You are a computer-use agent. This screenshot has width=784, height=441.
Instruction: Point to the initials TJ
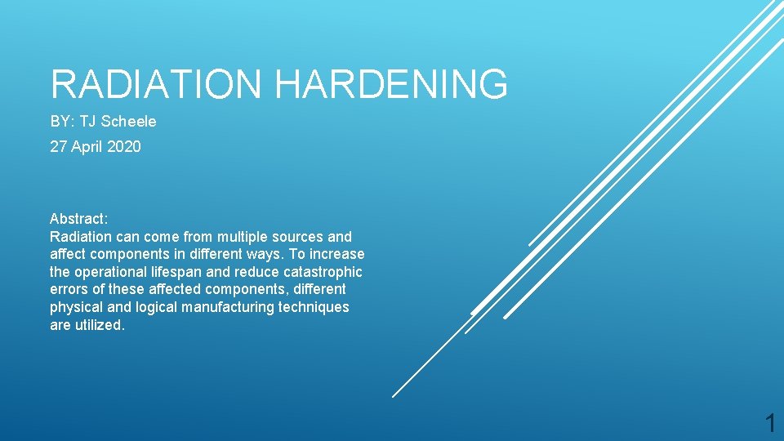[87, 122]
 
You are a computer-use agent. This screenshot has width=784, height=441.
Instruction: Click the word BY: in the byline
[63, 122]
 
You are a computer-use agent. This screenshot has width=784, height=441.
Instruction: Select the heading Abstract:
[78, 219]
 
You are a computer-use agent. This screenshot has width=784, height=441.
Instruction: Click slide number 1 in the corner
[769, 423]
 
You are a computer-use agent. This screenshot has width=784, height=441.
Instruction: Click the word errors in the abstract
[68, 290]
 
